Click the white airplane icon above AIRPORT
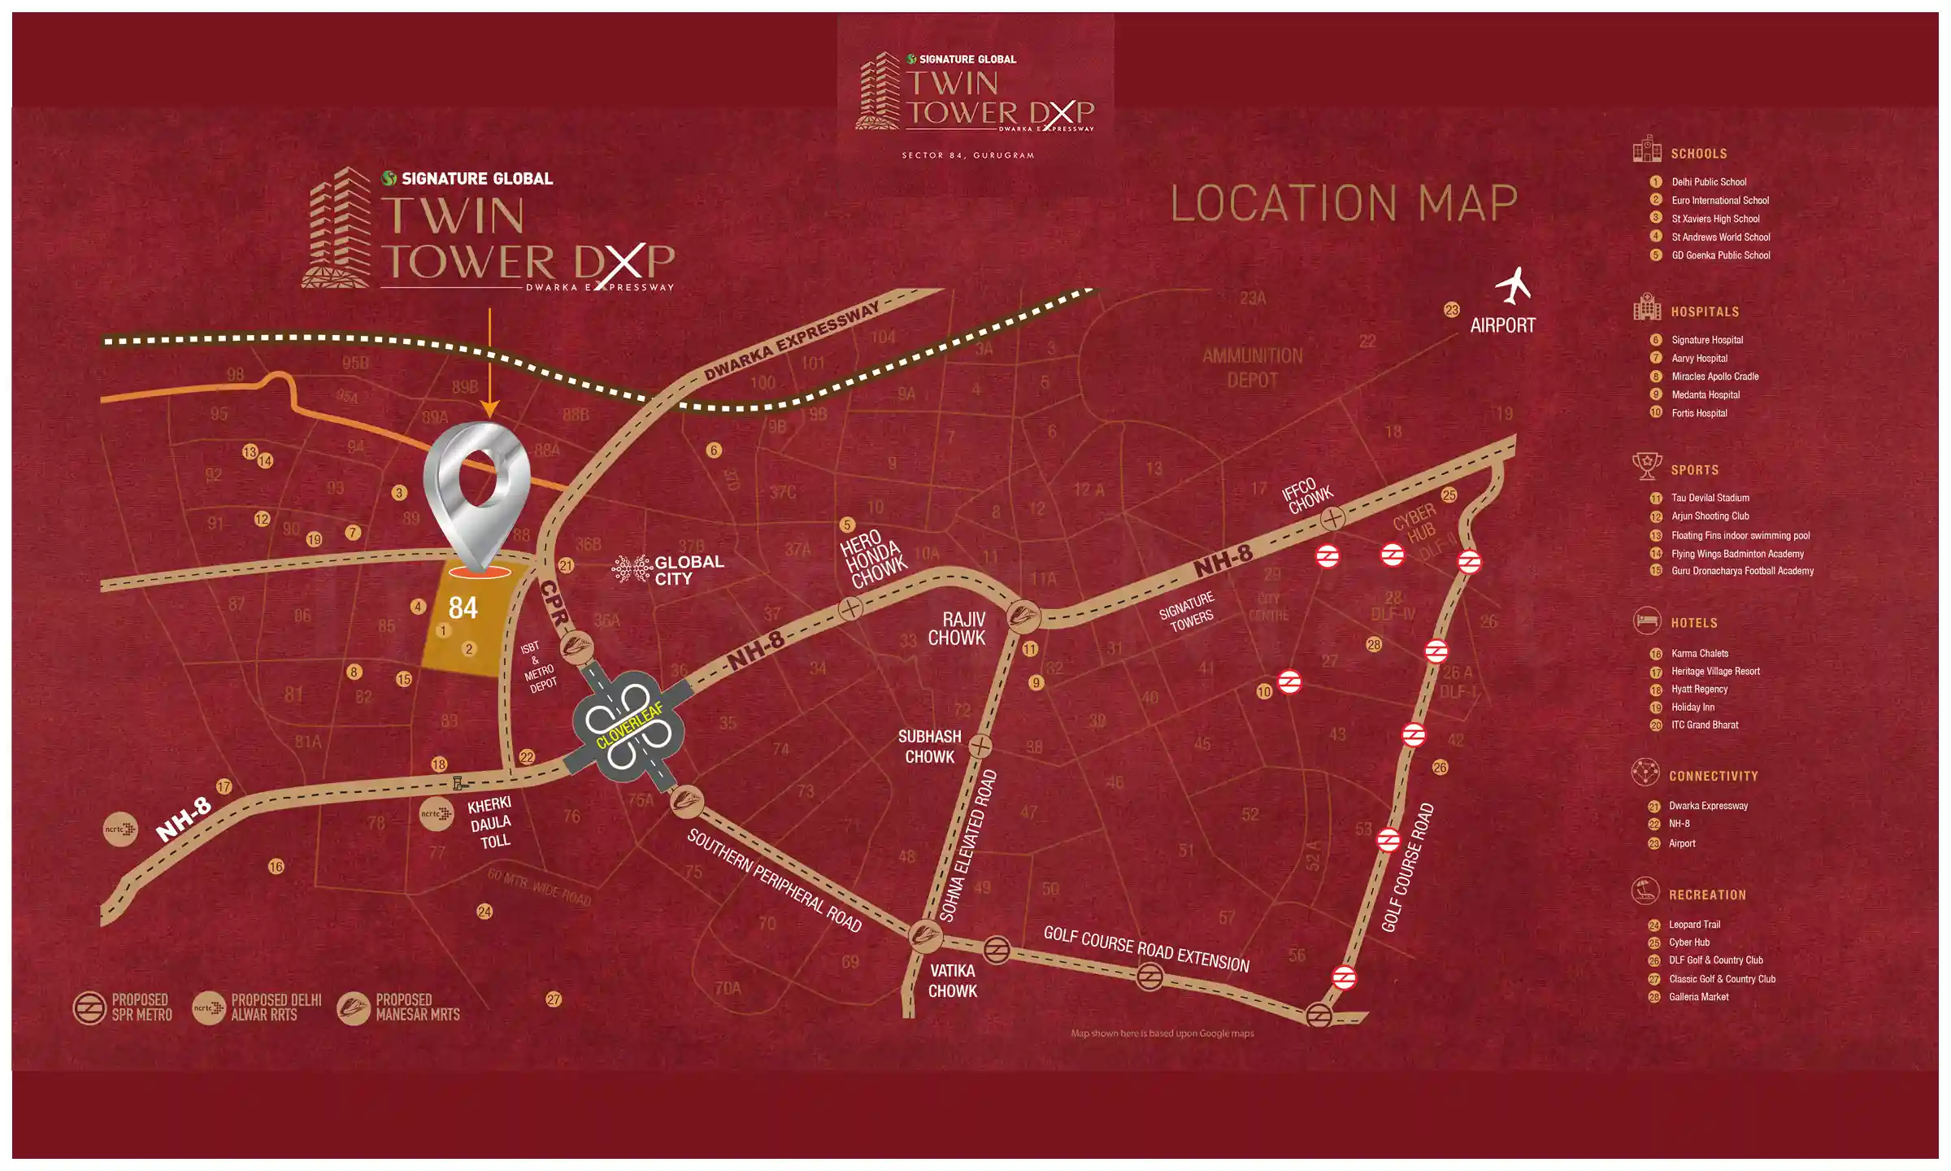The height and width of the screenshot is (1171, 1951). (x=1514, y=285)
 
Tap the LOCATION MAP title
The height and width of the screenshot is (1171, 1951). (x=1344, y=204)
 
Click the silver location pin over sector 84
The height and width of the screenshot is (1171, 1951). (x=479, y=488)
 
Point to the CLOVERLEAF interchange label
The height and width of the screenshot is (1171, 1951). (x=629, y=725)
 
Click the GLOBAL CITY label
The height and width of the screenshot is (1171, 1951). (x=688, y=570)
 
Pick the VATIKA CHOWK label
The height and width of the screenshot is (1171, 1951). (x=952, y=981)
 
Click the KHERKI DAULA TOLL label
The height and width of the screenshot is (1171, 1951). (x=490, y=823)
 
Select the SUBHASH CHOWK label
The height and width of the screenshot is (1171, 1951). (x=929, y=747)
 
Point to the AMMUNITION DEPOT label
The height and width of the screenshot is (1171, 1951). (x=1252, y=368)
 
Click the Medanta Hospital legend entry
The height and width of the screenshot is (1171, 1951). (x=1705, y=395)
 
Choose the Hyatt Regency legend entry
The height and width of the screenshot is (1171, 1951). (x=1699, y=690)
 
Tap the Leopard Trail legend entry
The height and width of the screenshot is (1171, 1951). (x=1694, y=925)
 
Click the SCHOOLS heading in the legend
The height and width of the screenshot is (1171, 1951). (x=1698, y=154)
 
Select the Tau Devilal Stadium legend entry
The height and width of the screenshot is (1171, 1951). (x=1710, y=498)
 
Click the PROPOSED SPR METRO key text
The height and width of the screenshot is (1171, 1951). (x=141, y=1008)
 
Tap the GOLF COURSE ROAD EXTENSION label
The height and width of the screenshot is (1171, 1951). (x=1146, y=949)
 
